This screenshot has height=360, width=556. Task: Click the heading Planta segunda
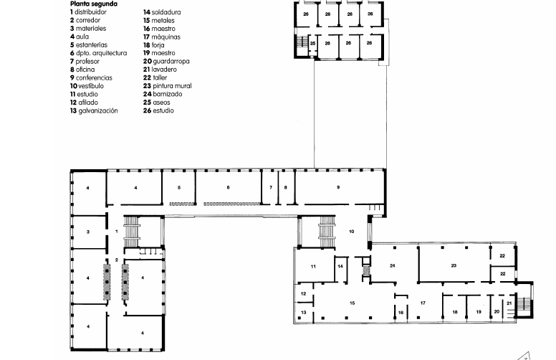94,4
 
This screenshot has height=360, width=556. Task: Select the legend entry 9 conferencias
91,77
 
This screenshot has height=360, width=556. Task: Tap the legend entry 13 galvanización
94,110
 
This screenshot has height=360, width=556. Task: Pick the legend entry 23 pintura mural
168,86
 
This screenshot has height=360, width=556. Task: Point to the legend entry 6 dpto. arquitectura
98,53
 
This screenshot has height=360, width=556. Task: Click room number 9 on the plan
338,187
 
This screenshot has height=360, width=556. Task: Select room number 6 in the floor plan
228,187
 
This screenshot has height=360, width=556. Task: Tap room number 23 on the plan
454,265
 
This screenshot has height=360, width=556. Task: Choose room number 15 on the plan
352,303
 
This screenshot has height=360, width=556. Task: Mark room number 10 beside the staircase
351,232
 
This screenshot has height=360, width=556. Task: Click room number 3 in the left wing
88,232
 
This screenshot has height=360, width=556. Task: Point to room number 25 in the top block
312,43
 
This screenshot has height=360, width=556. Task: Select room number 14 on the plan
340,266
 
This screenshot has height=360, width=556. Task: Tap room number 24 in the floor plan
392,265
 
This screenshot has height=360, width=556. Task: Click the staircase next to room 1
132,232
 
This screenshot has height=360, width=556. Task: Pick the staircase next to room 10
327,232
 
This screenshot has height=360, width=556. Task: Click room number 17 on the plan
423,303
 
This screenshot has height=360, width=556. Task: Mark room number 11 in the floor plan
313,266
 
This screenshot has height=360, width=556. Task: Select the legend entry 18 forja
154,45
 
